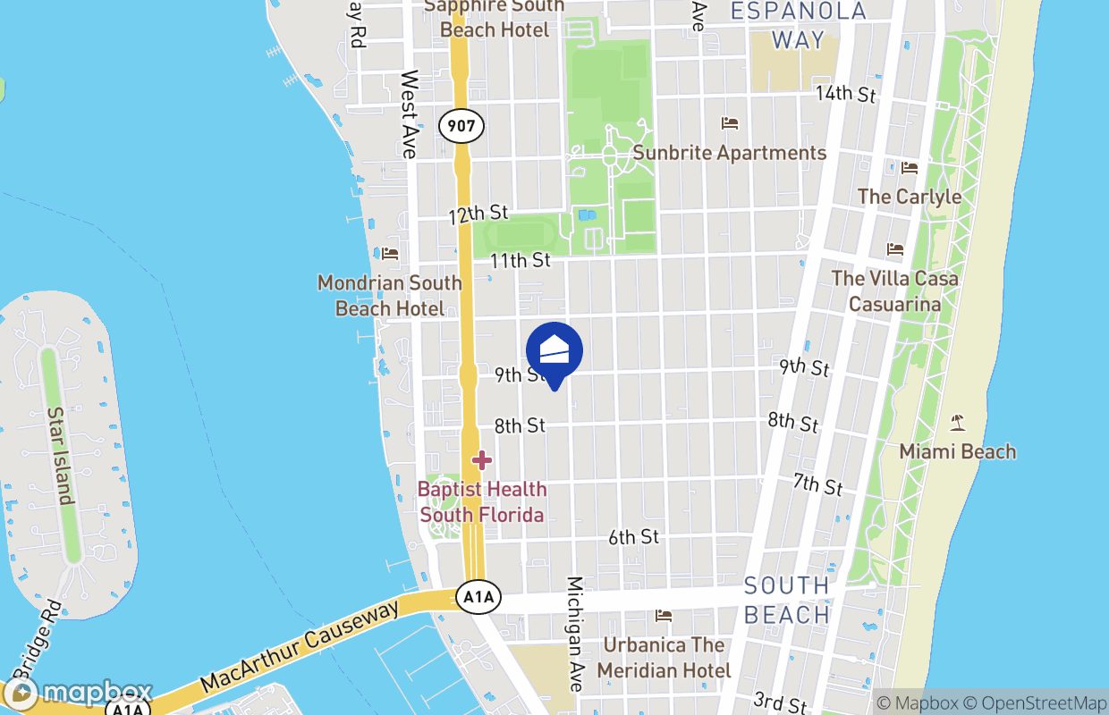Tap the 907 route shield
click(x=461, y=126)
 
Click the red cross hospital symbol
click(x=482, y=460)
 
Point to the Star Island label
click(x=60, y=456)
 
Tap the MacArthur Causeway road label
click(x=300, y=648)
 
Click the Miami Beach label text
click(x=957, y=451)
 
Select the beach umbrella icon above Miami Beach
click(x=958, y=422)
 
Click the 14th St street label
click(x=845, y=93)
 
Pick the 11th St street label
click(x=521, y=260)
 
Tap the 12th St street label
click(x=478, y=214)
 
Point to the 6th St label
click(x=633, y=537)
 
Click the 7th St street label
click(x=817, y=484)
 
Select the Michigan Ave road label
click(x=574, y=633)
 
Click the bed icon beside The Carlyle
click(x=910, y=168)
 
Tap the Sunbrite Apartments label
click(x=729, y=153)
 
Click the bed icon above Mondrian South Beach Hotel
click(x=390, y=255)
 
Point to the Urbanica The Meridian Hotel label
click(x=664, y=657)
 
